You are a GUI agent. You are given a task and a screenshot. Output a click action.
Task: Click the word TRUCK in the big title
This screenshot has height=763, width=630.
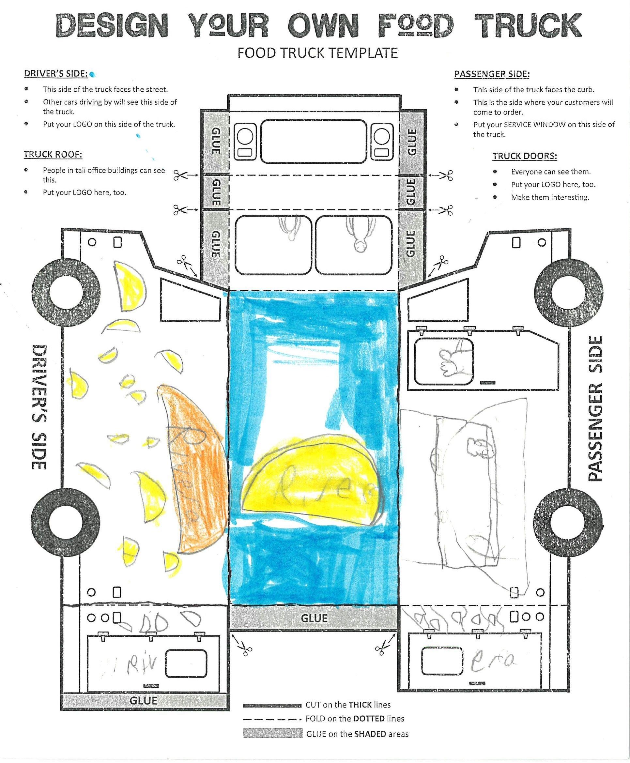[x=528, y=25]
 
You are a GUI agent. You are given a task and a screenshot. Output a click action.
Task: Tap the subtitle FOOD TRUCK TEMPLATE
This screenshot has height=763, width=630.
[x=317, y=53]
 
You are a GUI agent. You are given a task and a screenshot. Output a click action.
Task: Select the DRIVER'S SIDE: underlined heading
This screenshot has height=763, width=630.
[x=55, y=74]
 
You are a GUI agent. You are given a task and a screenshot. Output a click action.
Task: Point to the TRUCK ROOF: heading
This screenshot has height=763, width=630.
[x=53, y=155]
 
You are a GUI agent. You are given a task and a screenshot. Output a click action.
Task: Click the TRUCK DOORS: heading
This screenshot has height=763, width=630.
[x=524, y=156]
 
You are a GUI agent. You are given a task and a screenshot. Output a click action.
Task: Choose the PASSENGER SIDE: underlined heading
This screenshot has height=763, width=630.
[x=492, y=74]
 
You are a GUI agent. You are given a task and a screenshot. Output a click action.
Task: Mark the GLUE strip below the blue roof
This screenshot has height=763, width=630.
[x=314, y=618]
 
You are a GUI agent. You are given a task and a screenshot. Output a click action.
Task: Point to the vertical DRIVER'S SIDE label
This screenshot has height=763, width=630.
[x=39, y=407]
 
